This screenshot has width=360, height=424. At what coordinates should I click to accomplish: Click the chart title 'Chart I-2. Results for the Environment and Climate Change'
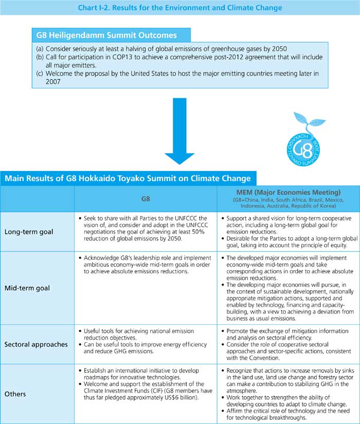[179, 8]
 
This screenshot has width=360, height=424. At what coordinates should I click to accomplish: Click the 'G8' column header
[146, 197]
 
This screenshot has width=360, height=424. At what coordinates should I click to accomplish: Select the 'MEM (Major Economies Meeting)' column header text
[288, 192]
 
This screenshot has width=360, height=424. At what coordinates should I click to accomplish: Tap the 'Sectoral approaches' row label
[37, 344]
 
